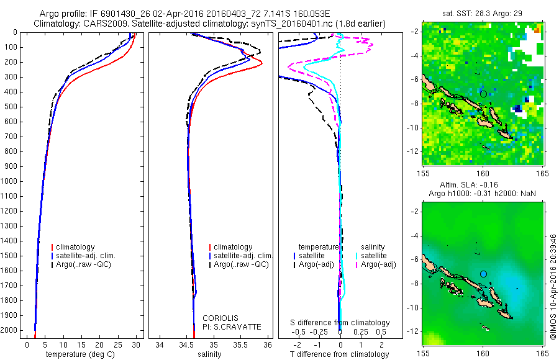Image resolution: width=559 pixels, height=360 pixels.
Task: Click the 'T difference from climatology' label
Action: pyautogui.click(x=339, y=354)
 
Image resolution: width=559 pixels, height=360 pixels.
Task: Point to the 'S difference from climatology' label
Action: pyautogui.click(x=340, y=323)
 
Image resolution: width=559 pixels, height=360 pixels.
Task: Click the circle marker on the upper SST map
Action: pyautogui.click(x=483, y=94)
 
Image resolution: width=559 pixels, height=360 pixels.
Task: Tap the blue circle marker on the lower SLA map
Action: pyautogui.click(x=483, y=274)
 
